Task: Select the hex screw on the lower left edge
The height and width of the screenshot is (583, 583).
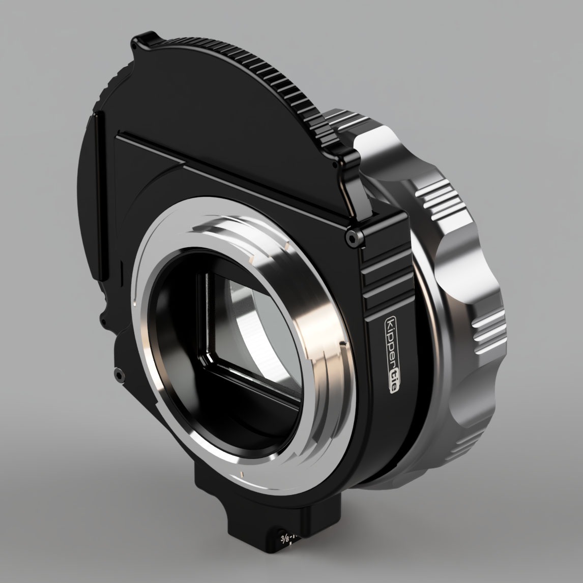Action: pos(119,374)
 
